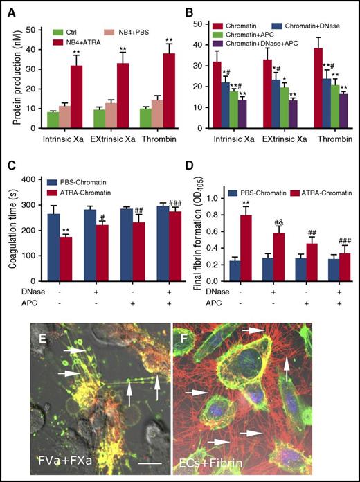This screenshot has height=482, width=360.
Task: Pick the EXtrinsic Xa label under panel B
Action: click(267, 141)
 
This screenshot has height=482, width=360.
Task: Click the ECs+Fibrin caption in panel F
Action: click(215, 461)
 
